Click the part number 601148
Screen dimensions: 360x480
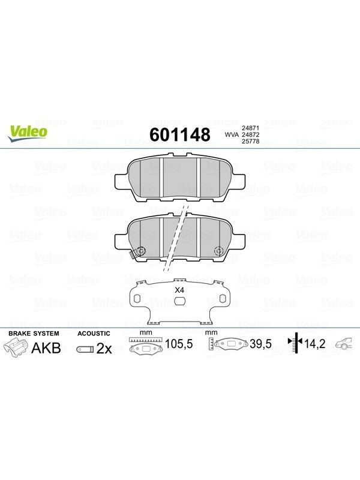click(179, 134)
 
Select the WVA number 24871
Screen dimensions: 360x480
click(251, 128)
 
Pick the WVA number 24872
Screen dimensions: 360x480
click(251, 134)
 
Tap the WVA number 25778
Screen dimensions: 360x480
click(251, 142)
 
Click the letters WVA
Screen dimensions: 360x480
click(232, 134)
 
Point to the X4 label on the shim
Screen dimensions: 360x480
click(179, 290)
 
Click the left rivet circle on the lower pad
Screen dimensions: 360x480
click(142, 251)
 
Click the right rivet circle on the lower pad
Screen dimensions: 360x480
click(219, 251)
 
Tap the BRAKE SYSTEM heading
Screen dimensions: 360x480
click(34, 334)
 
